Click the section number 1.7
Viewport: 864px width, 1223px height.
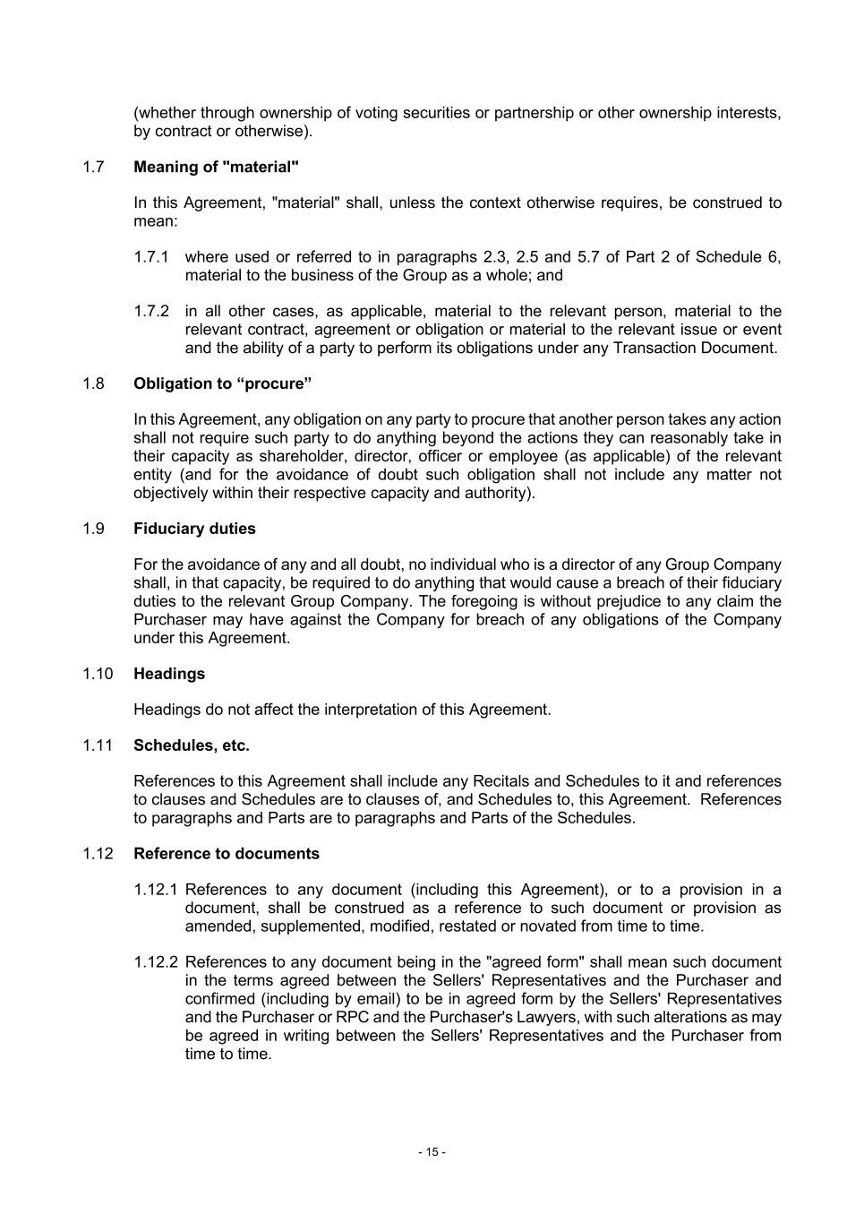click(x=93, y=167)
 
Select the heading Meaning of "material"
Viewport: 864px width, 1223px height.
click(x=216, y=167)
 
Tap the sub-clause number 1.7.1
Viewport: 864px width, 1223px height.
click(x=151, y=257)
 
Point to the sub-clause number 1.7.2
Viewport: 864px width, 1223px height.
click(x=151, y=311)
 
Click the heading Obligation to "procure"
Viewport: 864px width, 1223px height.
click(x=222, y=383)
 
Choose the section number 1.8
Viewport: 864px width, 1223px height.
click(x=93, y=383)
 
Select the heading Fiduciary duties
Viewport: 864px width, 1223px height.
click(x=194, y=529)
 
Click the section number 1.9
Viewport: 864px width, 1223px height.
click(x=93, y=529)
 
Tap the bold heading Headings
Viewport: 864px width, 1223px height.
click(x=169, y=674)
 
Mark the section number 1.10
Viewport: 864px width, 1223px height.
click(x=98, y=674)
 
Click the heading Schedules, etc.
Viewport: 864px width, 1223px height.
click(x=192, y=745)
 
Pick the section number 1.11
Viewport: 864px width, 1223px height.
click(x=98, y=745)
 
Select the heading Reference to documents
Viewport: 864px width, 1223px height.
click(x=227, y=854)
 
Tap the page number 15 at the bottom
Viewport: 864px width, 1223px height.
click(x=432, y=1152)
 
